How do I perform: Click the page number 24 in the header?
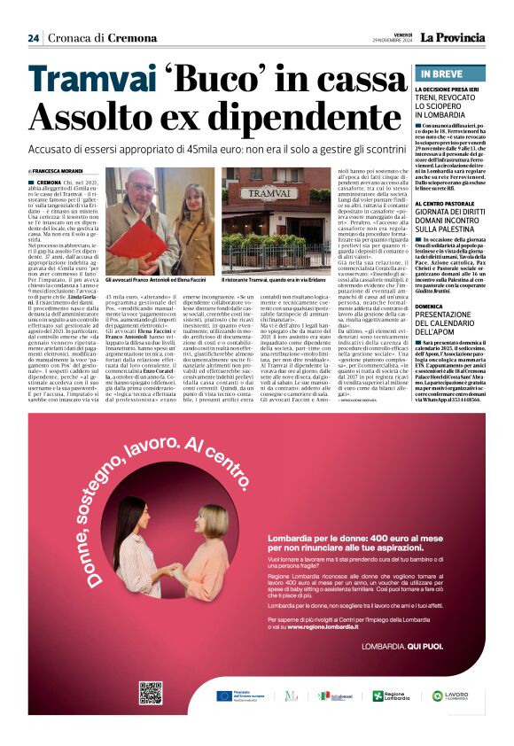click(x=33, y=38)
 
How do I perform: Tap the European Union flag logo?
click(x=223, y=695)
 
